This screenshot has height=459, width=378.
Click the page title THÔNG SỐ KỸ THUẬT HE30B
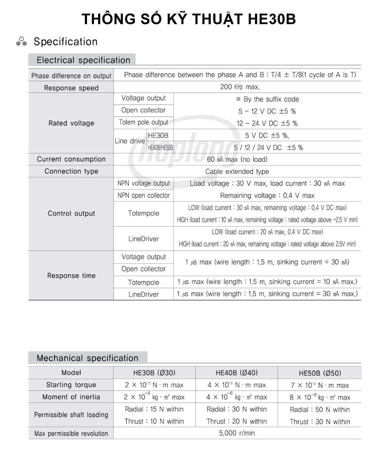[189, 19]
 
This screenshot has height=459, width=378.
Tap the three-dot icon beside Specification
[21, 41]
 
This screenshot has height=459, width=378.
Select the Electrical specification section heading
[83, 60]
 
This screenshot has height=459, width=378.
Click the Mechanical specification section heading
[87, 358]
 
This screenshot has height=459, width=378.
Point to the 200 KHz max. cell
[240, 87]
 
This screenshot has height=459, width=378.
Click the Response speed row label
[71, 88]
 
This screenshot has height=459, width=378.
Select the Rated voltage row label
[71, 123]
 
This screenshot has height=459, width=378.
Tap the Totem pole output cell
[143, 122]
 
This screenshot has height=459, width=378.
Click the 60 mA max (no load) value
[237, 159]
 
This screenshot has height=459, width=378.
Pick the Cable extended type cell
[237, 171]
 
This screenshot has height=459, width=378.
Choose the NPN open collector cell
[143, 196]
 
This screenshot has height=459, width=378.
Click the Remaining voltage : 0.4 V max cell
[267, 196]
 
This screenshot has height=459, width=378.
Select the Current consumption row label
[71, 159]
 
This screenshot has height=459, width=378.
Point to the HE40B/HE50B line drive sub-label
[160, 148]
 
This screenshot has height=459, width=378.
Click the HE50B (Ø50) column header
[320, 373]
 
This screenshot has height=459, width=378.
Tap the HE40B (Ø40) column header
[237, 373]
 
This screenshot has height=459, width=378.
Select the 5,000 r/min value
[237, 433]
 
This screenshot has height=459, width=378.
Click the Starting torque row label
[71, 385]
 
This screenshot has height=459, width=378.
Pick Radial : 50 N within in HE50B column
[320, 410]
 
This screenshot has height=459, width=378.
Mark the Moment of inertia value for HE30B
[154, 397]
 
